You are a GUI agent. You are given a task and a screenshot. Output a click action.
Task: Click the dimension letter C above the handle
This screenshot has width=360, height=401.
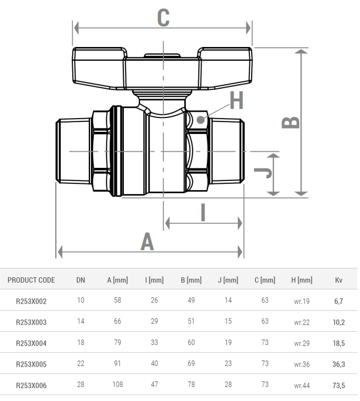(163, 18)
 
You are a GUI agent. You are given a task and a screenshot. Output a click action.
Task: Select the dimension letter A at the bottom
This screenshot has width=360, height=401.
(148, 242)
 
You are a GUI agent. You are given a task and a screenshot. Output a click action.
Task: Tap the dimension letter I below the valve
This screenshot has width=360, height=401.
(203, 213)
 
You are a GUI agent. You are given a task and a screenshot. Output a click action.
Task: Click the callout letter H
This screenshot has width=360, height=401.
(236, 101)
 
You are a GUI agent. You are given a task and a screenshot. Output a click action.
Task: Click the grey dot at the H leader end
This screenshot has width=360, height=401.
(200, 120)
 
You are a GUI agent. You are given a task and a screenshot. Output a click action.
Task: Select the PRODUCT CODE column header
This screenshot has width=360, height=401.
(32, 280)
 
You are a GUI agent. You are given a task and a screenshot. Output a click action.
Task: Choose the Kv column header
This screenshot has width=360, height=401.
(339, 280)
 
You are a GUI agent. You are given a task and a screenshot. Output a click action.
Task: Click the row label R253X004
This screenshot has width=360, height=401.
(32, 343)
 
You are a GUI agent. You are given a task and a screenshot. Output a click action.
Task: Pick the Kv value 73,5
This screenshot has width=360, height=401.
(339, 386)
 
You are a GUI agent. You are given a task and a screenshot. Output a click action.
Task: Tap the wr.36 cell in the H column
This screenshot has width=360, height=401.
(302, 364)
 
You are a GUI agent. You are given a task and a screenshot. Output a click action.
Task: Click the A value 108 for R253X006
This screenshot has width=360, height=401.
(117, 386)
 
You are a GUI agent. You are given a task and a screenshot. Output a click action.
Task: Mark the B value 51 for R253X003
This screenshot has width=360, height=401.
(191, 322)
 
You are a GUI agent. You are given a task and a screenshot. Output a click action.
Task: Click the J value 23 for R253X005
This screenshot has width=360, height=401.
(228, 364)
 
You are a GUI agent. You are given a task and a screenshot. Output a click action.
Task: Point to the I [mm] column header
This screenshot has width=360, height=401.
(154, 280)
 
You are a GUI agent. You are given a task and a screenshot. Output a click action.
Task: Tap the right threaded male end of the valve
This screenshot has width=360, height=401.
(228, 151)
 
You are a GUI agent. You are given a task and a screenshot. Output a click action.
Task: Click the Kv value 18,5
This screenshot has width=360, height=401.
(339, 343)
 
